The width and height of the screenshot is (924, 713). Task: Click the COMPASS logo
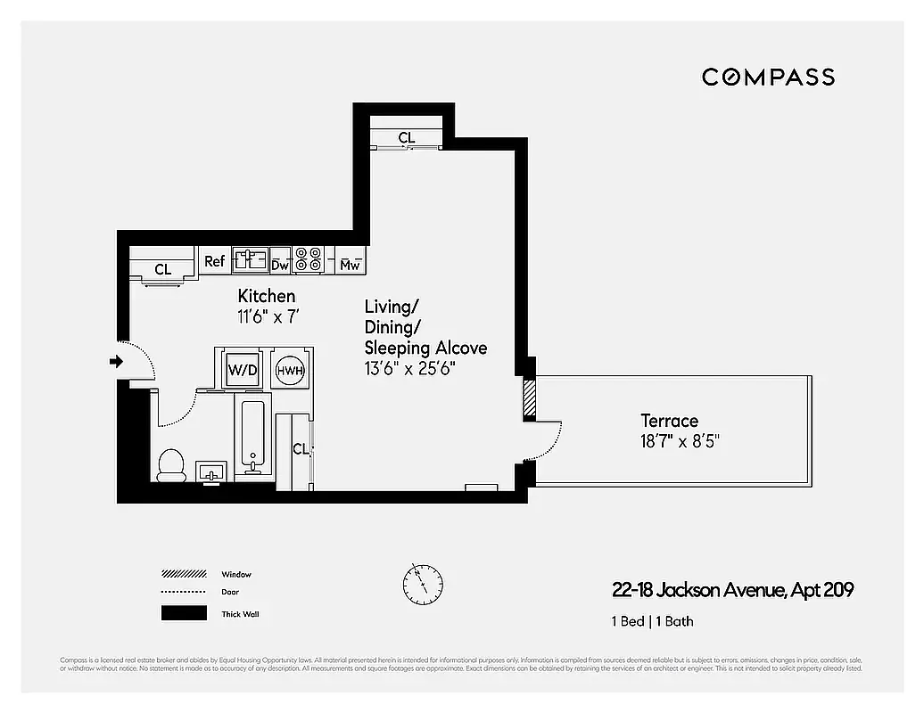tap(768, 78)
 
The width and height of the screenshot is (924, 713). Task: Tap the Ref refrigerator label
tap(214, 261)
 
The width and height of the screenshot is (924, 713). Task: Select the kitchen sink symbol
tap(250, 260)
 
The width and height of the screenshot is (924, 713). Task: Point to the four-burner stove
tap(308, 259)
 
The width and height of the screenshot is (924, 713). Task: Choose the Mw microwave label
tap(351, 264)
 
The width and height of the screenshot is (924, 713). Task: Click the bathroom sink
tap(211, 471)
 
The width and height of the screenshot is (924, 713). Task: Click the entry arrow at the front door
tap(115, 361)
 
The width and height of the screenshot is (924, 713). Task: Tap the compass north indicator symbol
tap(422, 583)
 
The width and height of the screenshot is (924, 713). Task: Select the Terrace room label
tap(669, 420)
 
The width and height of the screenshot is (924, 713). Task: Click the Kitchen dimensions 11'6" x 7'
tap(267, 315)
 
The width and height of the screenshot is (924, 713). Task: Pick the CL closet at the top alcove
tap(406, 137)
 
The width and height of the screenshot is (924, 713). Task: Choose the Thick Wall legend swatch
tap(183, 613)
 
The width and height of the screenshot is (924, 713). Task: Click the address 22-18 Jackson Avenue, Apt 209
tap(732, 590)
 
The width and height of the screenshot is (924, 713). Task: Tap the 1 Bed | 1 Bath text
tap(652, 621)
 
